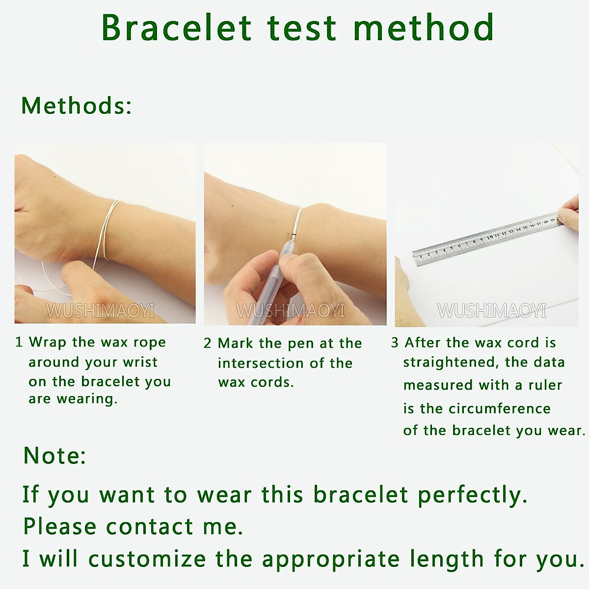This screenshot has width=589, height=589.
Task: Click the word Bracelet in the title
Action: (x=177, y=27)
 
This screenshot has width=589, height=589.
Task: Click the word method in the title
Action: (x=424, y=27)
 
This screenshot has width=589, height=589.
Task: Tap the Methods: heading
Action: (x=77, y=106)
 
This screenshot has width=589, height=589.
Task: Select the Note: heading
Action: (x=54, y=455)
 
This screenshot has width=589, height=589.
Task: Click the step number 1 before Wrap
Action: (x=19, y=342)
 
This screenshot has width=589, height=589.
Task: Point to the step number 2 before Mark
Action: (x=207, y=344)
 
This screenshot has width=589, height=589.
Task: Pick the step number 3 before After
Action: (x=395, y=343)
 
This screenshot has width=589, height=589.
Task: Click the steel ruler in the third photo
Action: (x=488, y=239)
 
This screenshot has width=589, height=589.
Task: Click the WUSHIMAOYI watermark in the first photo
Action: (x=100, y=311)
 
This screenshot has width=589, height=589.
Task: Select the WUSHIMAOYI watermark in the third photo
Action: (x=492, y=311)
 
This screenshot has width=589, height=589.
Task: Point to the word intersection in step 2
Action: (x=261, y=363)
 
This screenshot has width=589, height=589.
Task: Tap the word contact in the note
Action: (x=149, y=527)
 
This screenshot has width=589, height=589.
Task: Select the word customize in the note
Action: (x=147, y=559)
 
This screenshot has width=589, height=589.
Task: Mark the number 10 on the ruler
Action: (x=490, y=237)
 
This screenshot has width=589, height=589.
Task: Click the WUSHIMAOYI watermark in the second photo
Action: (x=291, y=311)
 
